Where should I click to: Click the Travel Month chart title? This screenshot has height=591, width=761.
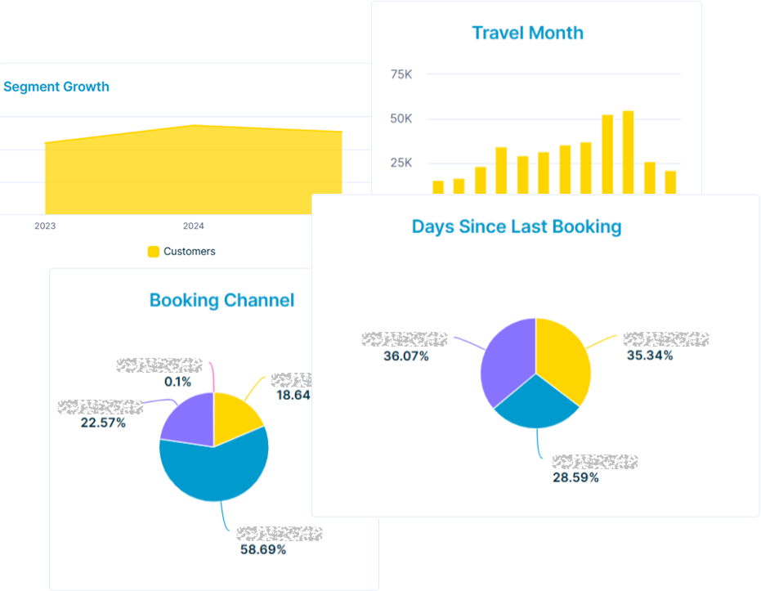click(x=527, y=34)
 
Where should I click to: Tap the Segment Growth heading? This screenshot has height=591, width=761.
click(x=56, y=87)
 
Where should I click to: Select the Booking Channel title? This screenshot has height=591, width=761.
click(x=222, y=300)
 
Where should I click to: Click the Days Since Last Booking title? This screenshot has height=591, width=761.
click(x=517, y=226)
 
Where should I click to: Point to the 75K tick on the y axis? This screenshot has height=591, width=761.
click(x=401, y=74)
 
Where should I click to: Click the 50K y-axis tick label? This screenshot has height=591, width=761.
click(x=401, y=119)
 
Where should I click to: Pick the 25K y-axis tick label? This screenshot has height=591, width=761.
click(x=401, y=163)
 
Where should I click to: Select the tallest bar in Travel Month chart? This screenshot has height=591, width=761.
click(x=628, y=152)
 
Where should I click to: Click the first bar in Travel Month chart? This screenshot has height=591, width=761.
click(x=438, y=187)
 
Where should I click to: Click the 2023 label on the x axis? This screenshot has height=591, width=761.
click(x=45, y=226)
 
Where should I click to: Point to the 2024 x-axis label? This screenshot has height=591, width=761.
click(x=194, y=226)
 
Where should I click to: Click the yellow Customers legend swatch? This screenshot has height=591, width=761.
click(x=153, y=252)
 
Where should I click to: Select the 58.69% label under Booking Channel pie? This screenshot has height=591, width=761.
click(x=263, y=550)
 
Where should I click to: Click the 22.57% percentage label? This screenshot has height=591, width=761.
click(x=102, y=423)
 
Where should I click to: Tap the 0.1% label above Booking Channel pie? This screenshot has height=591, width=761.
click(x=177, y=382)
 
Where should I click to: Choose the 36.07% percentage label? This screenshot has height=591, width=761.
click(x=405, y=356)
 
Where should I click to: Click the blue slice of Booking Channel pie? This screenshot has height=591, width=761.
click(x=214, y=470)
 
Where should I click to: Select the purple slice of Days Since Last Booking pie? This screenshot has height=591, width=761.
click(x=507, y=360)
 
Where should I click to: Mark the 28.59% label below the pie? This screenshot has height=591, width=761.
click(x=575, y=477)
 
